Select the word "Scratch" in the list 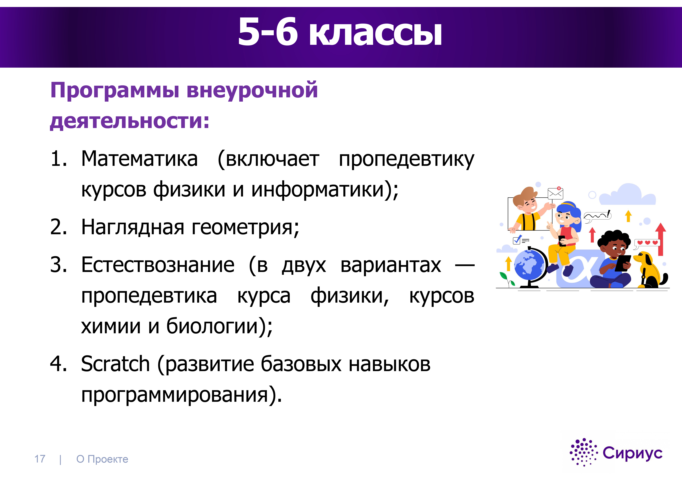point(115,364)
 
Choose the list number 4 point(58,364)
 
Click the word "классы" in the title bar point(375,32)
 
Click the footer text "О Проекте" point(102,459)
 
